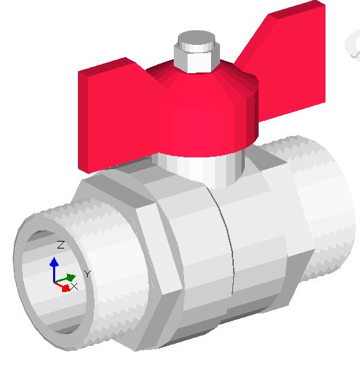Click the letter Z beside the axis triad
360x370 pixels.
[x=61, y=245]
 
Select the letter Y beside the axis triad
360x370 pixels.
[x=88, y=274]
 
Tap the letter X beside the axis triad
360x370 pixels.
[x=74, y=286]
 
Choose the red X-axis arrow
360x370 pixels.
[x=65, y=288]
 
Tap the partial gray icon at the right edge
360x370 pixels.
[x=354, y=45]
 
